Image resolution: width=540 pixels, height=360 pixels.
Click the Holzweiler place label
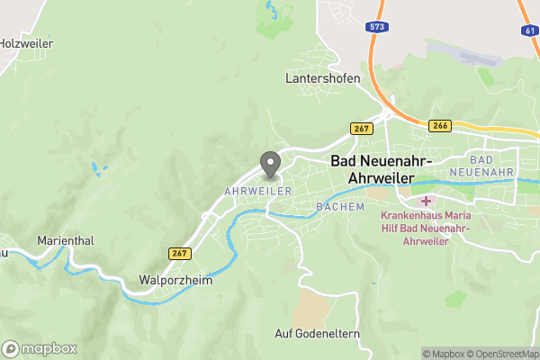27,42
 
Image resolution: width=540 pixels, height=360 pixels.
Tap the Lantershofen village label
323,78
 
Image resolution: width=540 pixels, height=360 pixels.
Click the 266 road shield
440,125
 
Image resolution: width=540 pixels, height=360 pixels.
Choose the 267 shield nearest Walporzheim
179,254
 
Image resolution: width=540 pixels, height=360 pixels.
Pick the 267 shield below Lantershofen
362,129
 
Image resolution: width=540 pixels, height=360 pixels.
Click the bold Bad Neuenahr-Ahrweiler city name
382,168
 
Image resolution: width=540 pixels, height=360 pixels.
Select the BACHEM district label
340,207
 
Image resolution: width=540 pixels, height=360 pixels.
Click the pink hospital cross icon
424,201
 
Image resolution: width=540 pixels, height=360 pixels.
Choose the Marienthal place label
66,241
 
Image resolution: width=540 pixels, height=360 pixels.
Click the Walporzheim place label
175,279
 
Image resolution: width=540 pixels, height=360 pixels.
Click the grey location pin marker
269,164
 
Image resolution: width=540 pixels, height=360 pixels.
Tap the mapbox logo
40,348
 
